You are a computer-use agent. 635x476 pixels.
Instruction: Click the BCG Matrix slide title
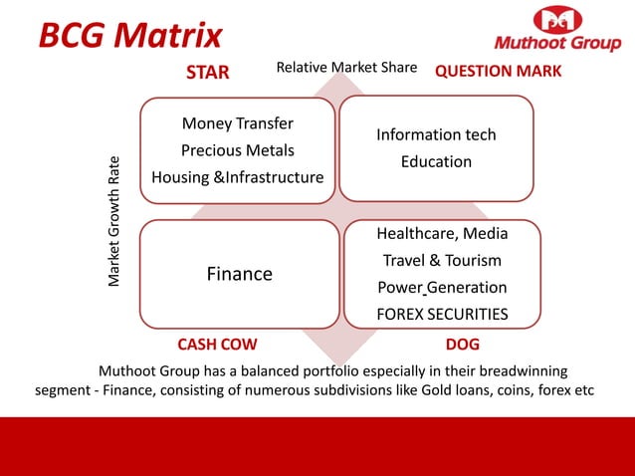tap(130, 36)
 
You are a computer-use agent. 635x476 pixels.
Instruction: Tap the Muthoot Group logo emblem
tap(558, 20)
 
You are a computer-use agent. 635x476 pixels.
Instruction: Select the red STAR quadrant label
tap(208, 72)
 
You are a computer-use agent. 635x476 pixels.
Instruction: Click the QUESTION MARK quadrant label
tap(499, 72)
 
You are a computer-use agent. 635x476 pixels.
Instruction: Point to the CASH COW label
tap(217, 345)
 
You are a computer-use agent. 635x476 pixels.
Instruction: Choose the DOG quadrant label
tap(463, 345)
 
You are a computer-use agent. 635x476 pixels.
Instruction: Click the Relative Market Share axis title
tap(346, 68)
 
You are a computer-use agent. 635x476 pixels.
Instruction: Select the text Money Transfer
tap(237, 123)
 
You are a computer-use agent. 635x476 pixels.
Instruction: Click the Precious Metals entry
tap(237, 150)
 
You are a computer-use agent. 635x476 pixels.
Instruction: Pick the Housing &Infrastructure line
tap(237, 177)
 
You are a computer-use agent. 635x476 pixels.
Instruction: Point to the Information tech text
tap(436, 134)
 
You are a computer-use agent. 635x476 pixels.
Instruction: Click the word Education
tap(436, 161)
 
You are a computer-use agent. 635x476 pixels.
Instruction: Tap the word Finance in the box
tap(239, 274)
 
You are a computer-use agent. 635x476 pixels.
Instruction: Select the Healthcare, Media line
tap(442, 233)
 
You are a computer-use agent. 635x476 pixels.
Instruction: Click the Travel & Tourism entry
tap(442, 260)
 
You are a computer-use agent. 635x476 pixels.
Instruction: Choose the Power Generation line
tap(442, 287)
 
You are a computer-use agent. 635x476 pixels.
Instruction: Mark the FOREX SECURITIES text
tap(442, 314)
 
